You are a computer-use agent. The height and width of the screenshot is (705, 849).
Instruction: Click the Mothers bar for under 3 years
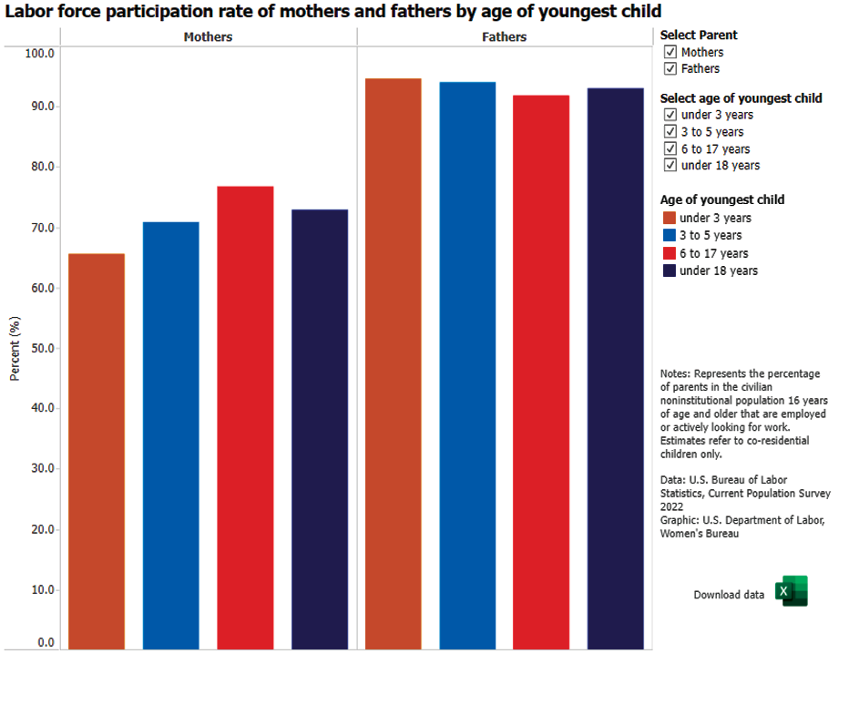97,451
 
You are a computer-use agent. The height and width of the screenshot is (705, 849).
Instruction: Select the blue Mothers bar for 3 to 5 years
170,435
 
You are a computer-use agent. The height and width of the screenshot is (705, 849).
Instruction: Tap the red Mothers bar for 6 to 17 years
245,417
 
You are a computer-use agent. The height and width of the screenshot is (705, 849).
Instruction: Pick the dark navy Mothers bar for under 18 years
320,429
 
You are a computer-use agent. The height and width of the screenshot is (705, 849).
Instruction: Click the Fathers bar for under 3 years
394,363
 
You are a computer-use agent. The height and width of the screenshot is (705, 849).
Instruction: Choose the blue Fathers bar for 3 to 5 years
467,365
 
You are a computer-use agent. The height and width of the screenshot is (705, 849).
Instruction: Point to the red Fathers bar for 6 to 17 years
541,372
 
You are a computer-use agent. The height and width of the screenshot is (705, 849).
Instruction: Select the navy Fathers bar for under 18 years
616,369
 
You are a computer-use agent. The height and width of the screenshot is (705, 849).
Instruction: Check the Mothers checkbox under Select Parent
670,52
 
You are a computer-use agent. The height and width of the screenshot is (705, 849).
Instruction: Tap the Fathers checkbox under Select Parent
670,68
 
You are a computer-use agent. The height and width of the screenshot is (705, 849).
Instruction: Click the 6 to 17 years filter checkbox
670,148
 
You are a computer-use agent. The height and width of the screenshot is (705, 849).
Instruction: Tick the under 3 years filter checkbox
670,115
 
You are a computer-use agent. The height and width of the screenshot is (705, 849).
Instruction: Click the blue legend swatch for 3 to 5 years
670,235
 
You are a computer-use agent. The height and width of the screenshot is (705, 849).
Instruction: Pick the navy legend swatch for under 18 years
670,271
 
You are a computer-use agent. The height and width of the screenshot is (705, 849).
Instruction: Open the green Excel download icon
791,591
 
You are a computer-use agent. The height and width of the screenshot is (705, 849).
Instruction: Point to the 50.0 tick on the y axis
43,348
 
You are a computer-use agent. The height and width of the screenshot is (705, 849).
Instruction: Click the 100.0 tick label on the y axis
39,53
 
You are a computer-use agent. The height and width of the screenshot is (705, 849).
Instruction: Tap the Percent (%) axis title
15,349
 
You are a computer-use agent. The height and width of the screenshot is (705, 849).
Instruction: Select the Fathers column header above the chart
504,36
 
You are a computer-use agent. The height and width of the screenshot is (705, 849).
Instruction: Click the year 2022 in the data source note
671,506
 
